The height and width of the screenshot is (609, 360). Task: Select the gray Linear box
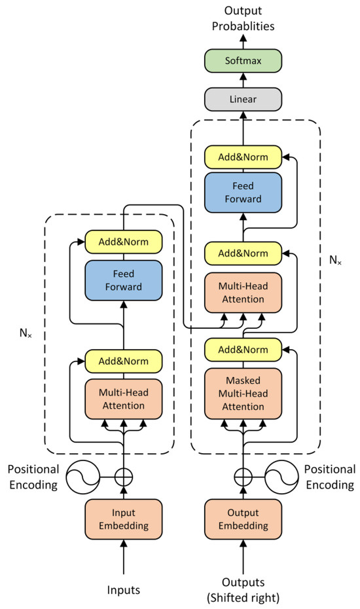click(x=244, y=100)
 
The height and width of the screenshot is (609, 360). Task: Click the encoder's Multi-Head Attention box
click(x=123, y=399)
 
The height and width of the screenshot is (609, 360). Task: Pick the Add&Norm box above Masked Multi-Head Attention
click(x=244, y=348)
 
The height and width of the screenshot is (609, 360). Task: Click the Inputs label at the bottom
click(x=123, y=590)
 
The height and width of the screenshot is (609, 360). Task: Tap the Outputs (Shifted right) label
click(x=244, y=590)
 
